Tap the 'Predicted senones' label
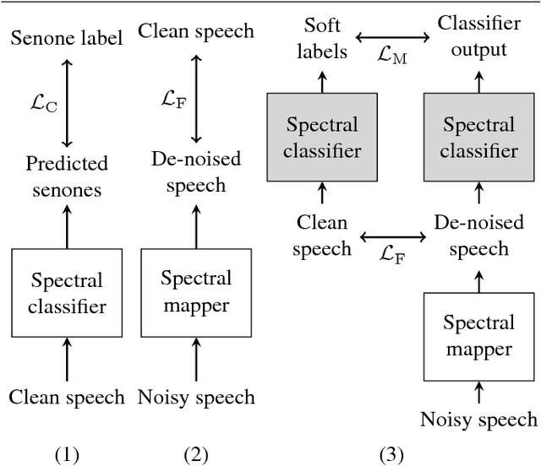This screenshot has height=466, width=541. [67, 176]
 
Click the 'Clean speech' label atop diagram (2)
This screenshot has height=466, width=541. [195, 32]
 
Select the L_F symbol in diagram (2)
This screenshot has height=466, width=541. [172, 99]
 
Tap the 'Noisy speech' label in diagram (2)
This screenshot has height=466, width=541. [195, 396]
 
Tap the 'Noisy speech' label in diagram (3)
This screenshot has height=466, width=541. [478, 420]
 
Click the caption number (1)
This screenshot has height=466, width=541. [67, 455]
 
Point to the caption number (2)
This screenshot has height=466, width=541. [195, 455]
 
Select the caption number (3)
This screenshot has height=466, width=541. [391, 455]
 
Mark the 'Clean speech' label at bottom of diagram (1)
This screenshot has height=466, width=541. [67, 396]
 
